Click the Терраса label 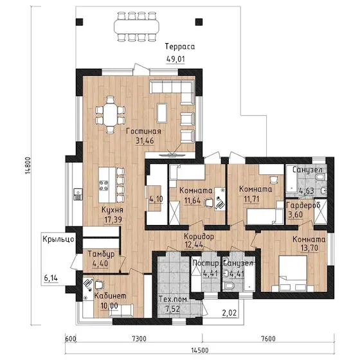pyautogui.click(x=180, y=46)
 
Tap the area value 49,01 pyautogui.click(x=175, y=59)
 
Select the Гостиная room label pyautogui.click(x=144, y=131)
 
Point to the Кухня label pyautogui.click(x=113, y=210)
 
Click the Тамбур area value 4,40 pyautogui.click(x=100, y=264)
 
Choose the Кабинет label pyautogui.click(x=110, y=296)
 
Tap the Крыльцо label pyautogui.click(x=59, y=239)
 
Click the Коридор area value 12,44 pyautogui.click(x=194, y=245)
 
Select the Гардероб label pyautogui.click(x=303, y=205)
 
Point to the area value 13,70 pyautogui.click(x=309, y=248)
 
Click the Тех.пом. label pyautogui.click(x=174, y=299)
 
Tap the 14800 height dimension pyautogui.click(x=28, y=165)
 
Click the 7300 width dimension pyautogui.click(x=139, y=339)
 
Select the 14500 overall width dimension pyautogui.click(x=200, y=350)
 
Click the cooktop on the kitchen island pyautogui.click(x=104, y=186)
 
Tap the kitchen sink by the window pyautogui.click(x=78, y=194)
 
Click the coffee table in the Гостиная pyautogui.click(x=162, y=113)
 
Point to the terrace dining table pyautogui.click(x=136, y=26)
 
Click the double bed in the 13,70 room pyautogui.click(x=292, y=273)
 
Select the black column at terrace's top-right pyautogui.click(x=199, y=22)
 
